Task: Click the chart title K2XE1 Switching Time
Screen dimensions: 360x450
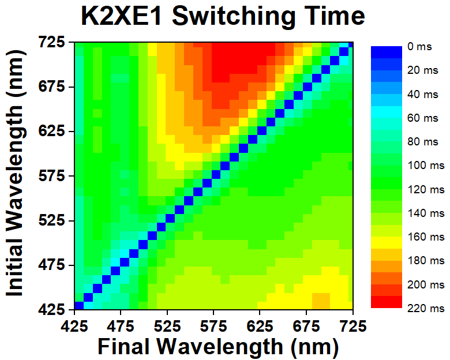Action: pyautogui.click(x=222, y=17)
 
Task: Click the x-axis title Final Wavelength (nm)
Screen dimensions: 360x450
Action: pyautogui.click(x=217, y=346)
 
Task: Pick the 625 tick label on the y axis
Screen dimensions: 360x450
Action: pyautogui.click(x=54, y=132)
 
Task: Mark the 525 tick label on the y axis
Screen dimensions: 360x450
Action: pyautogui.click(x=54, y=221)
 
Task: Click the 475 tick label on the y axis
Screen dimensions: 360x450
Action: pyautogui.click(x=54, y=265)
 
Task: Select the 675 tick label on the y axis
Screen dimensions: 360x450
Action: pyautogui.click(x=54, y=87)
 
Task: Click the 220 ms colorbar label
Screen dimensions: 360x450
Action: pyautogui.click(x=426, y=308)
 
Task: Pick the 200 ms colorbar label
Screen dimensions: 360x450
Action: pyautogui.click(x=426, y=284)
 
